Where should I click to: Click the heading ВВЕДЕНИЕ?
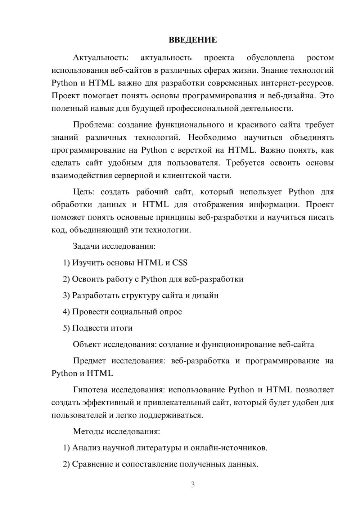193,40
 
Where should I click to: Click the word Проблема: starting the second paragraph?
93,125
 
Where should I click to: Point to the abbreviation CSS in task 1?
180,263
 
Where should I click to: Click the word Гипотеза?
90,390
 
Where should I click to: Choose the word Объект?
87,344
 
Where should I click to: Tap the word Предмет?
89,361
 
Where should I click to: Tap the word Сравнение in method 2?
92,464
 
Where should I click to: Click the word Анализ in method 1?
86,448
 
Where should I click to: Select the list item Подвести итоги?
102,328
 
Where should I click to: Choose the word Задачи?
86,247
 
